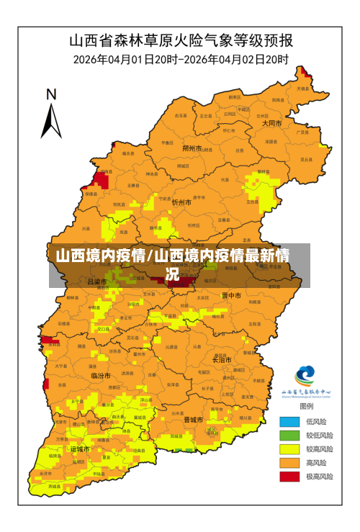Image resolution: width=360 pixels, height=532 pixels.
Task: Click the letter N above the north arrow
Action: pyautogui.click(x=51, y=94)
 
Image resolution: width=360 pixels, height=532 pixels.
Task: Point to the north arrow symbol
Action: pyautogui.click(x=50, y=120)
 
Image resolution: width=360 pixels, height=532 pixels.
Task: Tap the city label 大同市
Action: pyautogui.click(x=271, y=123)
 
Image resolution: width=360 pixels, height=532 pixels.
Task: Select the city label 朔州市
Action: pyautogui.click(x=192, y=148)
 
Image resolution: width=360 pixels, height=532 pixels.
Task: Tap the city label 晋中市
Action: pyautogui.click(x=231, y=295)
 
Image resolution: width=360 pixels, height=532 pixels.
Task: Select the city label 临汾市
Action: pyautogui.click(x=101, y=376)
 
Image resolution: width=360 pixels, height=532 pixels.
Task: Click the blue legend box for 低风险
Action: pyautogui.click(x=289, y=422)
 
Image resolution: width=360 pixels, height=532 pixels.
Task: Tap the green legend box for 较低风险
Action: pyautogui.click(x=289, y=436)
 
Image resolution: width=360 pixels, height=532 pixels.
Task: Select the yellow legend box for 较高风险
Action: pyautogui.click(x=289, y=449)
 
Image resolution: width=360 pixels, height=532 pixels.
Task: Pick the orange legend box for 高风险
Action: pyautogui.click(x=289, y=463)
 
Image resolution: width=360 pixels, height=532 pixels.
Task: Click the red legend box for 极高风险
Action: pyautogui.click(x=289, y=477)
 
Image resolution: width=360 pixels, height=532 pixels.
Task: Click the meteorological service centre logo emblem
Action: pyautogui.click(x=305, y=377)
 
